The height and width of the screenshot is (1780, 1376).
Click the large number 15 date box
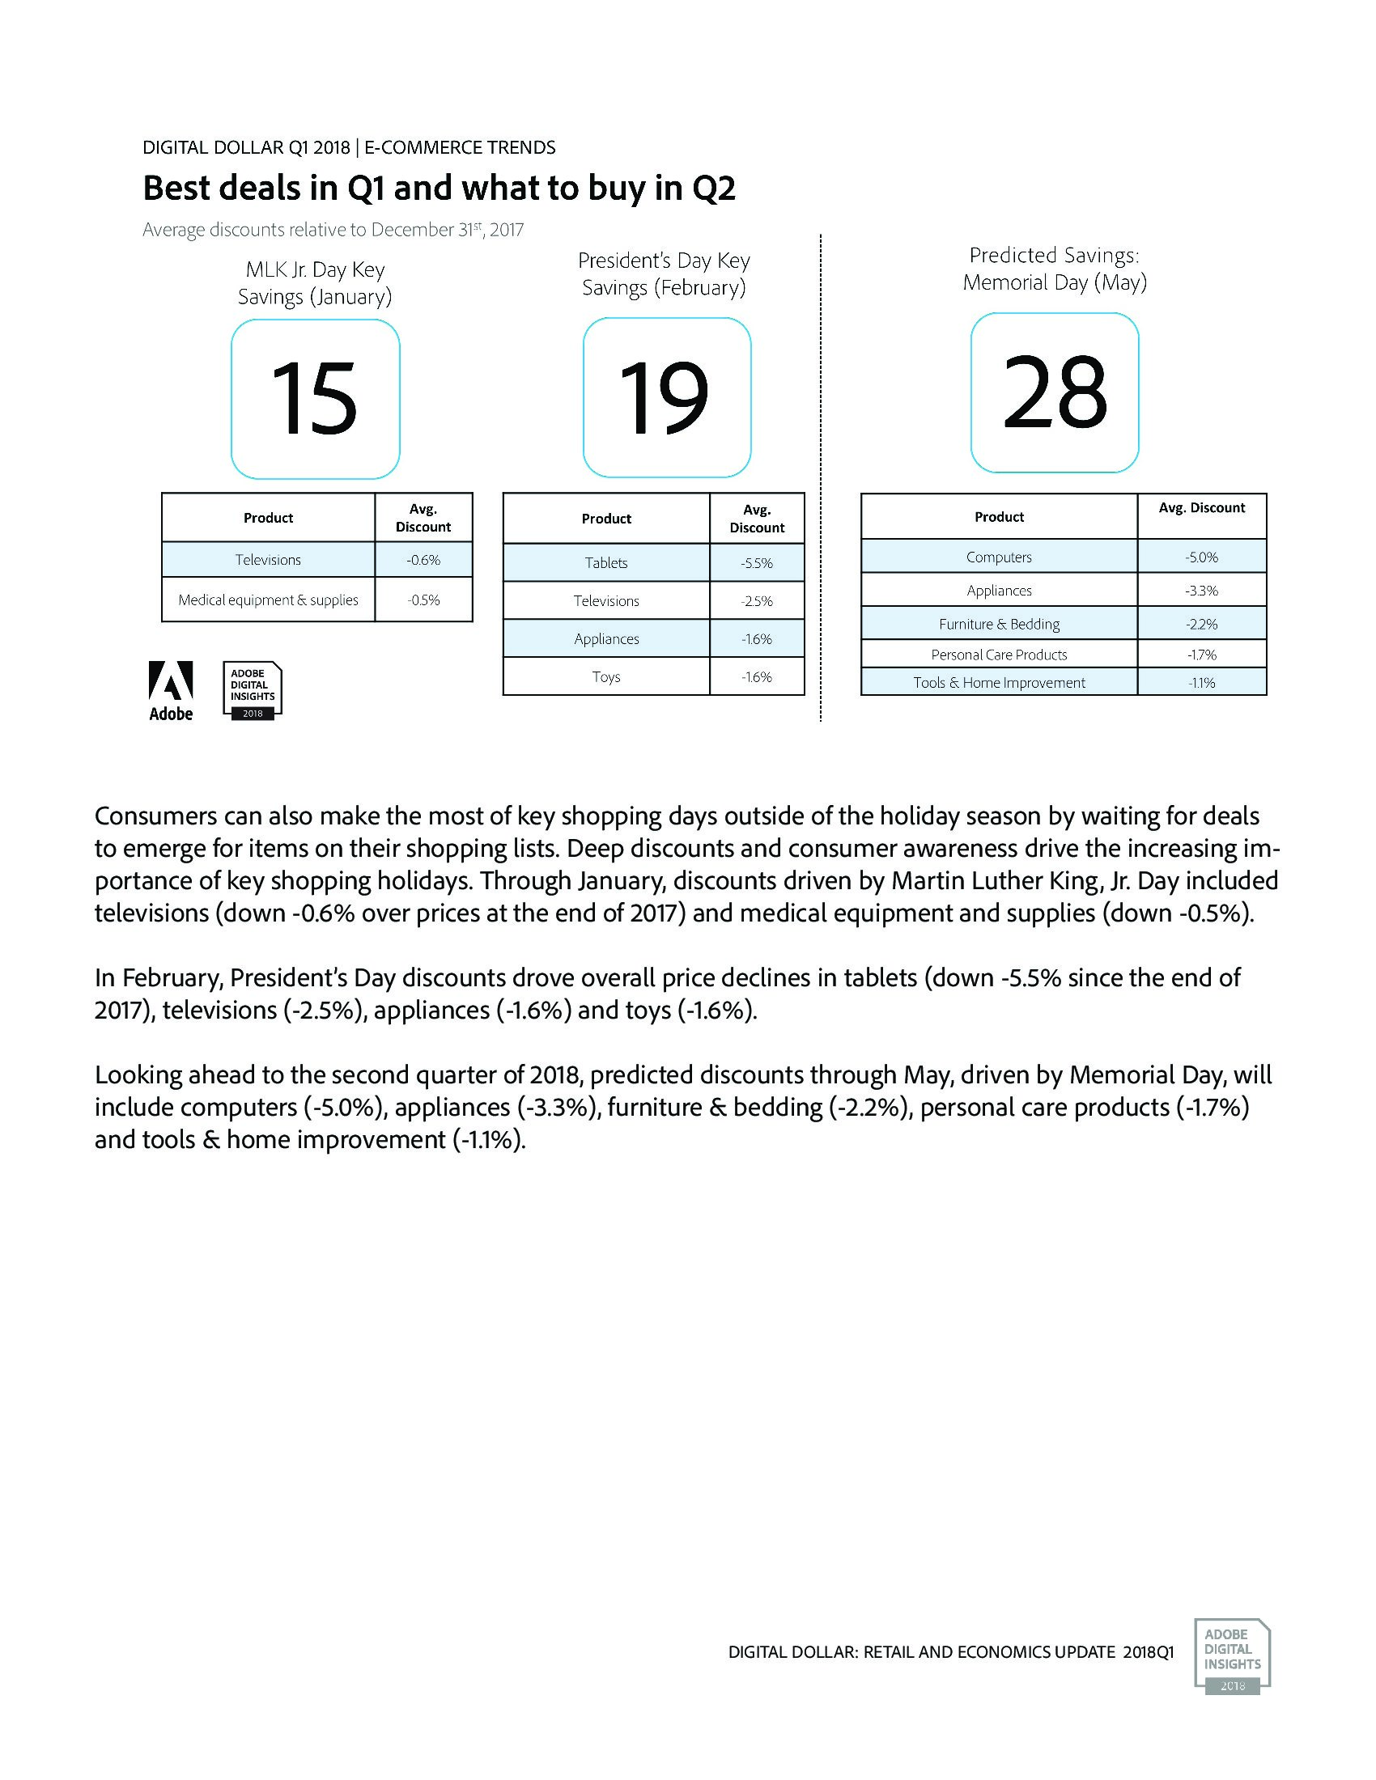(315, 399)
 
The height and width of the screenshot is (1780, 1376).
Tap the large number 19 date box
(666, 397)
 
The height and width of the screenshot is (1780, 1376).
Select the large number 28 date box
(1054, 392)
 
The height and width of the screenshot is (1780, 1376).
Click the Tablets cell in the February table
(605, 562)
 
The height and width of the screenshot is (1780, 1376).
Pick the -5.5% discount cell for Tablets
(757, 562)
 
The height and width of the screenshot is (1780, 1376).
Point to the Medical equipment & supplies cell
(268, 600)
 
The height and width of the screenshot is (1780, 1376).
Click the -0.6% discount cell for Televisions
(423, 560)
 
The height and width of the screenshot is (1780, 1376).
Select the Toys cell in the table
(605, 676)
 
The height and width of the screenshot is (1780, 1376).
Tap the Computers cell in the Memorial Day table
(999, 557)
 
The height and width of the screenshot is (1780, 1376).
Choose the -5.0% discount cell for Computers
(1201, 557)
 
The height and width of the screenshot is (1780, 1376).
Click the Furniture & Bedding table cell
(999, 624)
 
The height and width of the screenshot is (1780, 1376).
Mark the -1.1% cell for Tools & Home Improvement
(1201, 682)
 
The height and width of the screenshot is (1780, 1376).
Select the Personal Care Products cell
(999, 654)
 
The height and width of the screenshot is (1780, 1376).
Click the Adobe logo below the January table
(171, 690)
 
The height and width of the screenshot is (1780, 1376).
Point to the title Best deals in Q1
(439, 189)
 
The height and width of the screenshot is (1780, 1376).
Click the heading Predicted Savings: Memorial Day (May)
(1054, 268)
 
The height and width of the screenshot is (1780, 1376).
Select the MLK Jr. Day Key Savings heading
(315, 283)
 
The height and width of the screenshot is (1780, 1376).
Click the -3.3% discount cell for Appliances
(1201, 590)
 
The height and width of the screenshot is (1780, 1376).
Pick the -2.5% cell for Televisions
(757, 600)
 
